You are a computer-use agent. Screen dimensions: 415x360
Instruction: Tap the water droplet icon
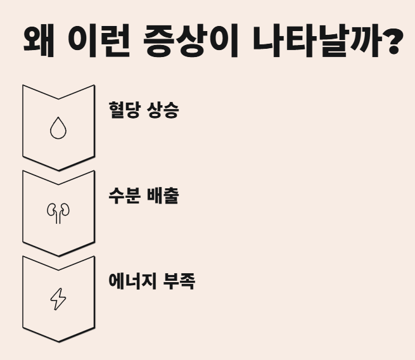coord(58,129)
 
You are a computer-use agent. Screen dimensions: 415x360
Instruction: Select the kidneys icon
coord(58,214)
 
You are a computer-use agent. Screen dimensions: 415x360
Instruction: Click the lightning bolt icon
coord(58,299)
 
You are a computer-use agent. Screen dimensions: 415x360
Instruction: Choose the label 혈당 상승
coord(144,111)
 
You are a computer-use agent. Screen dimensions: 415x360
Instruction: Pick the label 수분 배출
coord(144,196)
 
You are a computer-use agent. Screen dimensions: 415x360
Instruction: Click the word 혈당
coord(126,111)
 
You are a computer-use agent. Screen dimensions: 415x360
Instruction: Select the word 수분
coord(126,196)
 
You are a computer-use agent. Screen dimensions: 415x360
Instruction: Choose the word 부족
coord(179,281)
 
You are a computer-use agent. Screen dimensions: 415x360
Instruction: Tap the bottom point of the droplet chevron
coord(58,170)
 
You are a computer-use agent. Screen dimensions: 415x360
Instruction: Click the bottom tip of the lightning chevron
coord(58,342)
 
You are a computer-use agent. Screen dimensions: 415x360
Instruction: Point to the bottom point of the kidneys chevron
coord(58,255)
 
